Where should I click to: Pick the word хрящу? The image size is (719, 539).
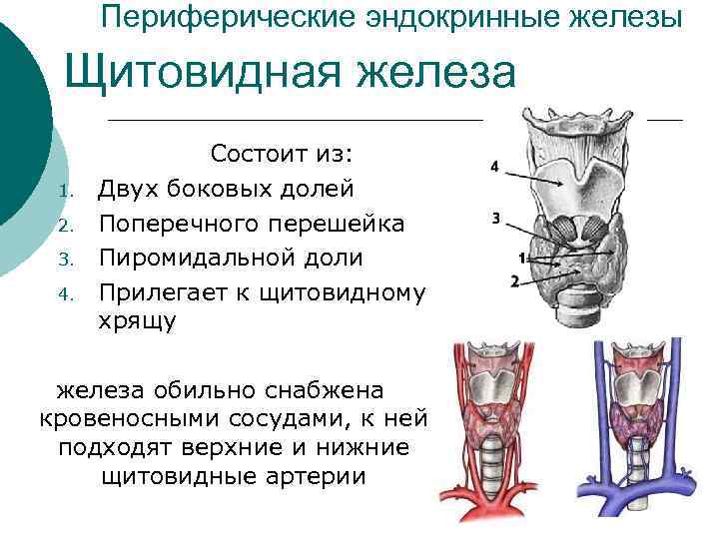138,320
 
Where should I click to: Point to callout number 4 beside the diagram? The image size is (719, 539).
494,166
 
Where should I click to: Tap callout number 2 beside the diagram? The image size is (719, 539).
514,281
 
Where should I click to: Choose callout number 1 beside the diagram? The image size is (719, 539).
521,259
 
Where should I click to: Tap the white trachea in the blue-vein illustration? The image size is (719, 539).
638,470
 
